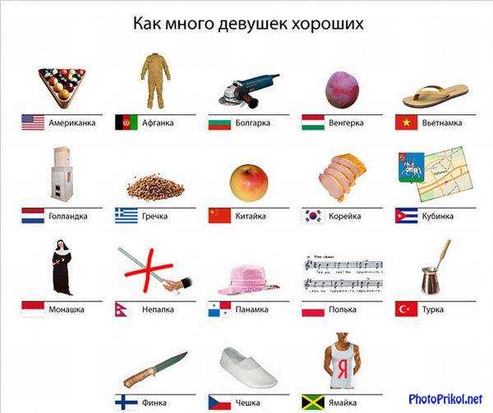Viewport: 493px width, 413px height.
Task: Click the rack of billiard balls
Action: click(x=62, y=86)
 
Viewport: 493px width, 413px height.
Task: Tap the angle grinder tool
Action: click(x=249, y=91)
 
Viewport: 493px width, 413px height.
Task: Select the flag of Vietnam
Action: click(x=406, y=122)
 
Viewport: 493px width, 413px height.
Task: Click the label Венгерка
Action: click(x=346, y=122)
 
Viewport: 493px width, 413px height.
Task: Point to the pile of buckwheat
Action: click(x=155, y=187)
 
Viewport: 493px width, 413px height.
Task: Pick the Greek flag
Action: click(x=127, y=215)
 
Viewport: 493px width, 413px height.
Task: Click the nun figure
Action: click(x=62, y=268)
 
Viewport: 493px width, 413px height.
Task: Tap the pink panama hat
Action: click(x=248, y=280)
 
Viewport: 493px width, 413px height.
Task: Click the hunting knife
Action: click(x=155, y=370)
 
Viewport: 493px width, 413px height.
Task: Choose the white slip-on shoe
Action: click(x=248, y=368)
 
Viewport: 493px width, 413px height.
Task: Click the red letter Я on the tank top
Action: click(x=343, y=369)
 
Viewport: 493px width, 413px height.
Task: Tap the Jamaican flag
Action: click(x=313, y=402)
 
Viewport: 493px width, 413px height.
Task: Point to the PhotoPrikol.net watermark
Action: click(x=445, y=399)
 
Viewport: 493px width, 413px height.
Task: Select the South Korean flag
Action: click(x=313, y=216)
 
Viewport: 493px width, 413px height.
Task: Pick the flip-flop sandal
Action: click(x=435, y=95)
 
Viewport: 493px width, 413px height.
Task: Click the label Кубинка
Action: click(x=438, y=216)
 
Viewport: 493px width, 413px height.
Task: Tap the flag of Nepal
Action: click(x=121, y=309)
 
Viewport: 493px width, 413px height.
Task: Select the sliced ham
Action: click(x=343, y=177)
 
